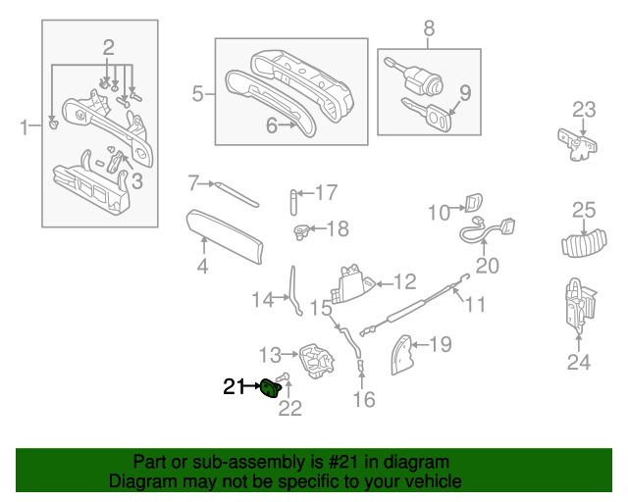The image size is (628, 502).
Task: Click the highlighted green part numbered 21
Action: pos(269,390)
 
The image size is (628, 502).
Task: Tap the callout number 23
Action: pos(584,109)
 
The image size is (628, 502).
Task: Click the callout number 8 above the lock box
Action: pos(429,28)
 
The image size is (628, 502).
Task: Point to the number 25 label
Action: pos(584,210)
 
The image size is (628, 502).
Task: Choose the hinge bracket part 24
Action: pos(577,305)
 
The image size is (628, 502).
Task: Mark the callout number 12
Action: pos(405,282)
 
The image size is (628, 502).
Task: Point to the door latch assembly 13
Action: pos(316,359)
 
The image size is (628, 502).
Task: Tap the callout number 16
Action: pos(363,399)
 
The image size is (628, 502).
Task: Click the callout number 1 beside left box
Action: pos(25,125)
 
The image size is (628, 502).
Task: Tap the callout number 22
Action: pos(289,409)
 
